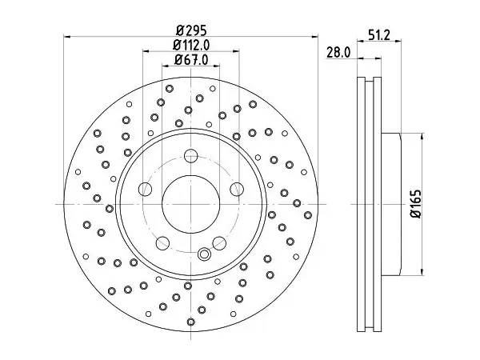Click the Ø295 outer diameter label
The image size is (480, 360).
(192, 30)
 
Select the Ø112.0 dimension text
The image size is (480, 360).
(191, 46)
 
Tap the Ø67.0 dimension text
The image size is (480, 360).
(191, 60)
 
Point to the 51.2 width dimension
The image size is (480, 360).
(379, 35)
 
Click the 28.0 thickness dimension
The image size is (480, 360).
(338, 53)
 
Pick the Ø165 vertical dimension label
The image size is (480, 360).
(415, 204)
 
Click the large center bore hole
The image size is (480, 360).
(190, 204)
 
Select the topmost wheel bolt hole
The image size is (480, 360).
(190, 156)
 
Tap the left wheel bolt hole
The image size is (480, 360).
(145, 189)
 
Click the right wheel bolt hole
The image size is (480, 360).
(236, 189)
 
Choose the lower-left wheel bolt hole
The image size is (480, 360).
(162, 242)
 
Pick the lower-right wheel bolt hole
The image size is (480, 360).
(219, 242)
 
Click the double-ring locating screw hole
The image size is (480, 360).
(204, 254)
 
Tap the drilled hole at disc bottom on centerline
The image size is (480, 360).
(190, 322)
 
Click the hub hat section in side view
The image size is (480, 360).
(391, 204)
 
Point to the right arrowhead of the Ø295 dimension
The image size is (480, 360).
(314, 37)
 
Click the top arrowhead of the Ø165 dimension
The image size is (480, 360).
(422, 137)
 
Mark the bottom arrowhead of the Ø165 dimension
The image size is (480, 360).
(422, 272)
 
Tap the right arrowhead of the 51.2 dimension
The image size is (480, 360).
(398, 41)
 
